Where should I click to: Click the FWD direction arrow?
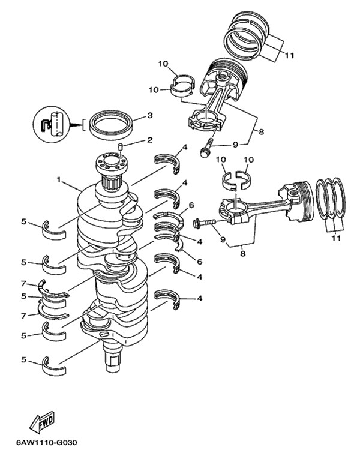pyautogui.click(x=42, y=422)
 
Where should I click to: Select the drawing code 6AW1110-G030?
pyautogui.click(x=47, y=442)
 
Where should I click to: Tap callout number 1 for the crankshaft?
pyautogui.click(x=59, y=179)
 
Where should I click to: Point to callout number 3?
pyautogui.click(x=149, y=115)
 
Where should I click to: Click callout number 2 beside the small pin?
pyautogui.click(x=149, y=140)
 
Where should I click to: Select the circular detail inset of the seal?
pyautogui.click(x=52, y=124)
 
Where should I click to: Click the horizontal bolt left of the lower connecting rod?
pyautogui.click(x=204, y=223)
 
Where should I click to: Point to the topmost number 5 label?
pyautogui.click(x=24, y=221)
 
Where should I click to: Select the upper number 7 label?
pyautogui.click(x=24, y=283)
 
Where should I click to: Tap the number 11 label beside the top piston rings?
pyautogui.click(x=289, y=55)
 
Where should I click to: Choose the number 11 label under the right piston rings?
pyautogui.click(x=336, y=238)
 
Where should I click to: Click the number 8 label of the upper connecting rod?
pyautogui.click(x=262, y=131)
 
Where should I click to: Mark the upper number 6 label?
pyautogui.click(x=191, y=205)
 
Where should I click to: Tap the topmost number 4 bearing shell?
pyautogui.click(x=167, y=163)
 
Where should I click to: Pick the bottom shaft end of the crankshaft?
pyautogui.click(x=113, y=357)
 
